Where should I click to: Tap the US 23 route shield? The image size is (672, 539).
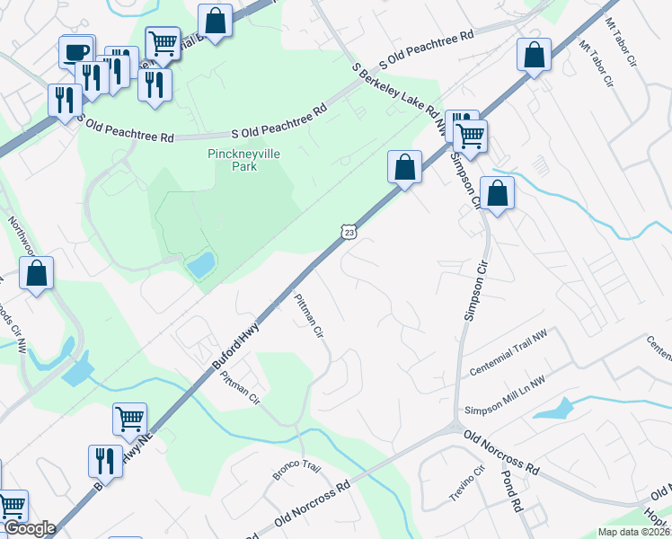[x=349, y=232]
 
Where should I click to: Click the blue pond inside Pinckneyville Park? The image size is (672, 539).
[x=199, y=264]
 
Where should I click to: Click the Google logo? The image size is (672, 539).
[x=30, y=528]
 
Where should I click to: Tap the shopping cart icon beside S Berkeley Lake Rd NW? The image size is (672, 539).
[x=471, y=136]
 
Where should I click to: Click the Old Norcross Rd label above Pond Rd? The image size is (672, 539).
[x=500, y=451]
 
